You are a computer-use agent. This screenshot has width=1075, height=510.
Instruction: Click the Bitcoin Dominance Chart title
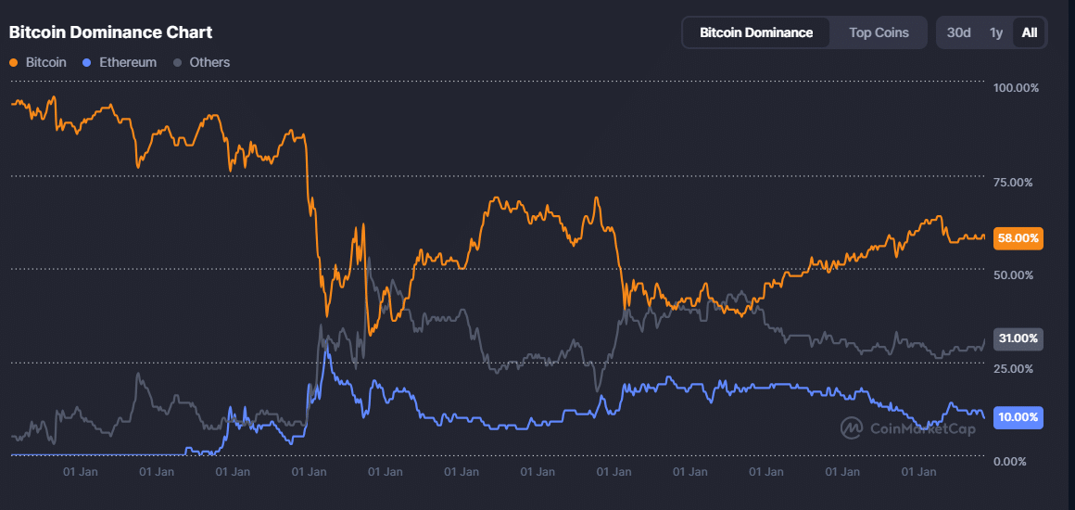click(110, 32)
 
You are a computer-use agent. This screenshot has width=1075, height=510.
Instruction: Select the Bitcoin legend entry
click(45, 62)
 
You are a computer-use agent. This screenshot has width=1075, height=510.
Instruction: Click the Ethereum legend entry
click(128, 62)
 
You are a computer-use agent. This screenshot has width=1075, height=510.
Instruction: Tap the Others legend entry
click(209, 62)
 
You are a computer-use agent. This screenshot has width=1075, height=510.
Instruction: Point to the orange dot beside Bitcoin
click(13, 62)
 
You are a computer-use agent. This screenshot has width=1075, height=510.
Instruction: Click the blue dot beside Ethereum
click(87, 62)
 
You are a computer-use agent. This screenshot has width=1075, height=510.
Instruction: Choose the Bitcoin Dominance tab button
click(756, 32)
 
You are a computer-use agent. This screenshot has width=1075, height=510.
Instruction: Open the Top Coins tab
click(879, 32)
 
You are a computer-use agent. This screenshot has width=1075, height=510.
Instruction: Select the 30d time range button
click(958, 32)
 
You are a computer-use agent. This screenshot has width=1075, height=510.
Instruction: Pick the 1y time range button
click(996, 32)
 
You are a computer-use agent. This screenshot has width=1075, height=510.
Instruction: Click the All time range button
click(1029, 32)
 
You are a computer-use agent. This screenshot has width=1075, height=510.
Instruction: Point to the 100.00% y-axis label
click(1016, 88)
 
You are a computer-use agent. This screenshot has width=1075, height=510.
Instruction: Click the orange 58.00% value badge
click(1018, 238)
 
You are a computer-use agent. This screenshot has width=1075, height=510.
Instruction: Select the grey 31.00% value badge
click(1018, 338)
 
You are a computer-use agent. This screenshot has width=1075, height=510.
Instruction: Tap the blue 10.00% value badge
click(1018, 417)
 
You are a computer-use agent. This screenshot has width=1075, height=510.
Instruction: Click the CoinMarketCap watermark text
click(922, 428)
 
